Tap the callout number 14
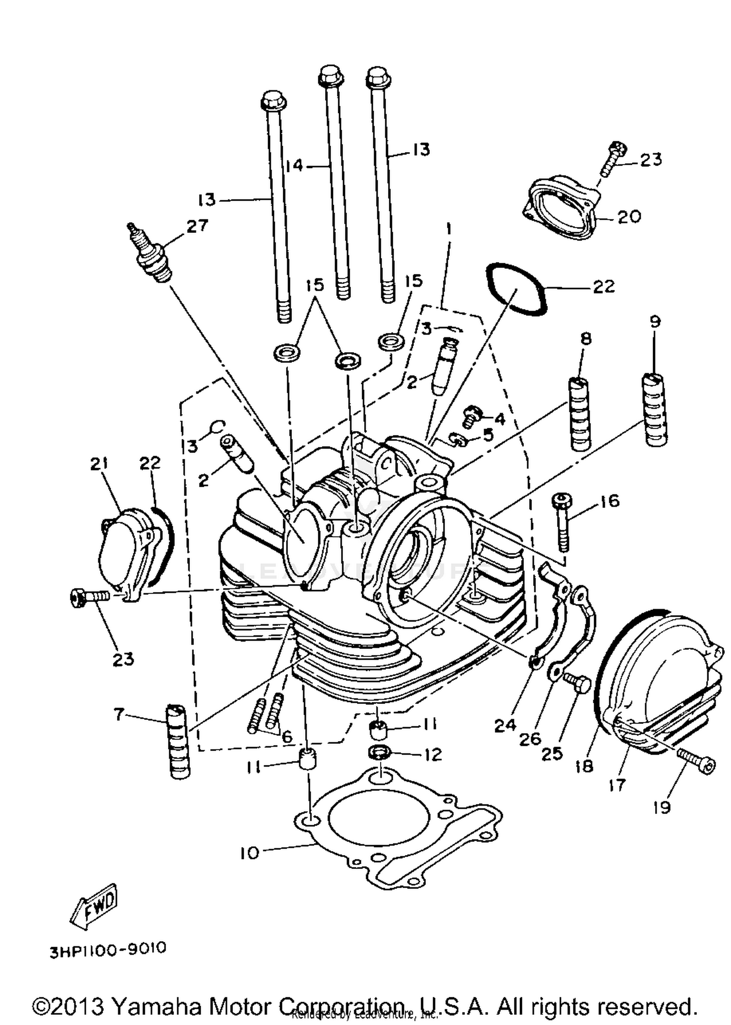tap(294, 166)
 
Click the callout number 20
tap(629, 216)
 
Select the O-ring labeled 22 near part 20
tap(518, 289)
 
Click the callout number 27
tap(197, 226)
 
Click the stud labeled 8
tap(580, 414)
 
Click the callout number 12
tap(433, 755)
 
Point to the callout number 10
tap(250, 853)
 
